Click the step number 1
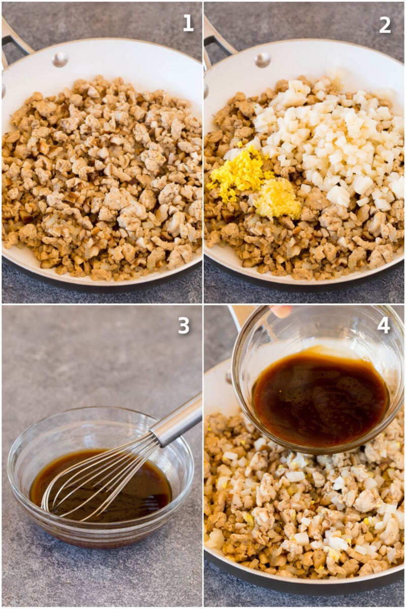[x=188, y=23]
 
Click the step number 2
[x=385, y=25]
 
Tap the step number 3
[x=184, y=326]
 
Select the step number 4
[x=384, y=325]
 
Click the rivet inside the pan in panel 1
[x=60, y=59]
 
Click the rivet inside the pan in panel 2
[x=263, y=60]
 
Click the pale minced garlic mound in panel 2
[x=278, y=198]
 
